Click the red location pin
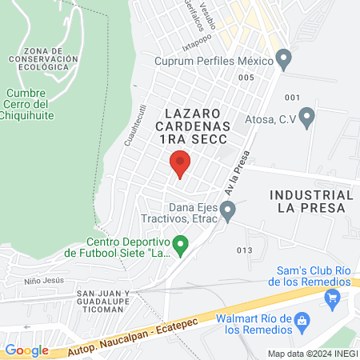point(180,163)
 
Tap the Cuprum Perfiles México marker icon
point(283,58)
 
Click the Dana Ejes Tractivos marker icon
point(228,212)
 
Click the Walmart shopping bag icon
point(302,323)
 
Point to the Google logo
point(26,350)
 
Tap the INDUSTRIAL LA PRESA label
point(310,201)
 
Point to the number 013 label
point(244,250)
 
